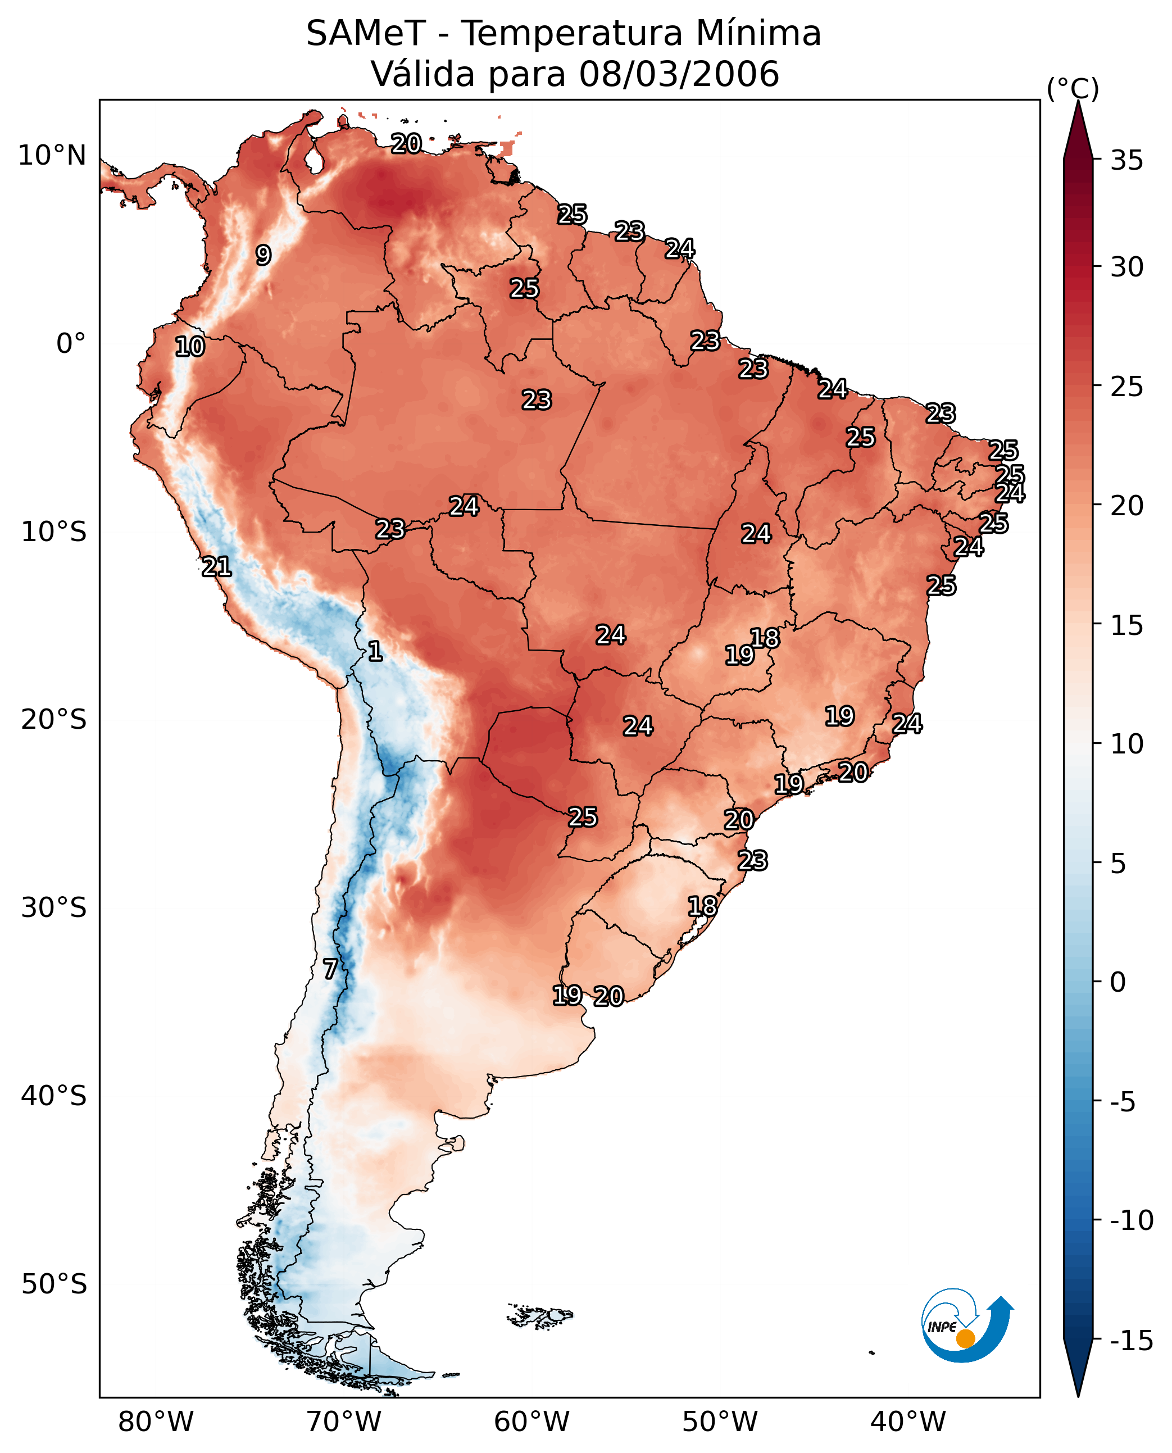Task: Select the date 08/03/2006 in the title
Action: (x=679, y=74)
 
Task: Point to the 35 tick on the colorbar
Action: (x=1126, y=161)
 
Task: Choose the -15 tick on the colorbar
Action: (x=1131, y=1341)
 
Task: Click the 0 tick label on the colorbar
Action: (x=1118, y=982)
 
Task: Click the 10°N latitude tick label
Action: (x=52, y=156)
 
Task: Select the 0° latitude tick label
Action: (x=71, y=344)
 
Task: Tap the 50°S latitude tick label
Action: (x=54, y=1283)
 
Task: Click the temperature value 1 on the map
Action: (x=375, y=652)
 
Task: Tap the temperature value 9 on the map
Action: (x=264, y=255)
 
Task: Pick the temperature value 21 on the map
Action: (x=217, y=567)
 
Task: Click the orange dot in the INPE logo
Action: (x=965, y=1338)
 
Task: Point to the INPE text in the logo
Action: (x=942, y=1327)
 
